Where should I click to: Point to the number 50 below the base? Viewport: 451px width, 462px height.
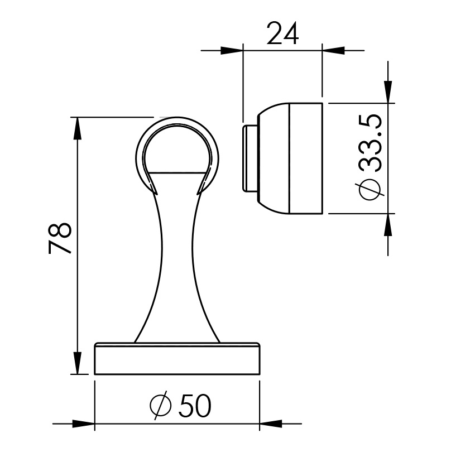(195, 406)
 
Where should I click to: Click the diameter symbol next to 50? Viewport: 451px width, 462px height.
(161, 406)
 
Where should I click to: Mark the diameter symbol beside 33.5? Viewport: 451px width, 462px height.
(371, 189)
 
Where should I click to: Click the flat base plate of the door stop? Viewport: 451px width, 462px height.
(177, 359)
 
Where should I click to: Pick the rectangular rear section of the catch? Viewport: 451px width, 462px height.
(306, 158)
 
